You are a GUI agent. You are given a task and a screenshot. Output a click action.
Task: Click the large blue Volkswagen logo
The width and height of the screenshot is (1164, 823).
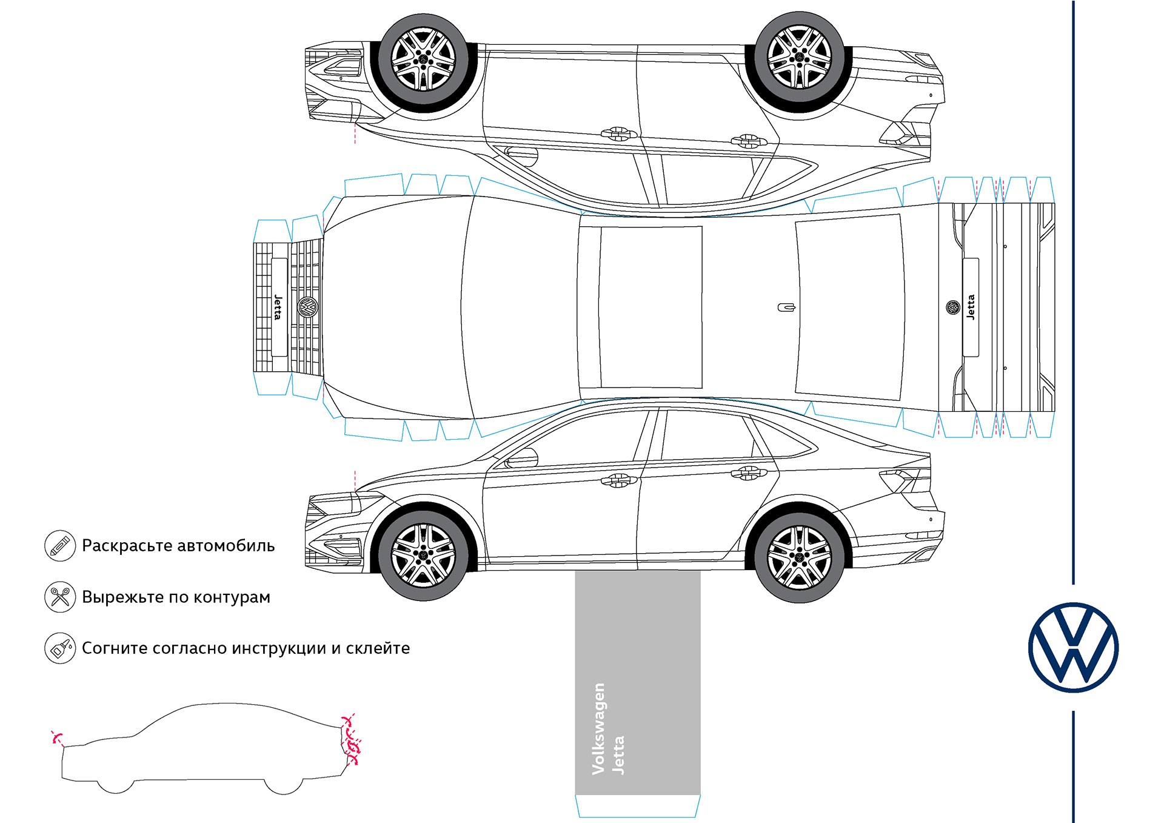click(1073, 647)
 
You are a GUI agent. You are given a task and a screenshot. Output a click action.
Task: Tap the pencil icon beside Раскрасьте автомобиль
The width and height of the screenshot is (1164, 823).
click(60, 545)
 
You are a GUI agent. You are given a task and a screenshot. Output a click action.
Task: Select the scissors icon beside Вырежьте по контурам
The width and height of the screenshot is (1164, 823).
click(60, 597)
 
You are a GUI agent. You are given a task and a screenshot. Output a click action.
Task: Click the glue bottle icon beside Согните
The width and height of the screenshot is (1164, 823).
click(60, 648)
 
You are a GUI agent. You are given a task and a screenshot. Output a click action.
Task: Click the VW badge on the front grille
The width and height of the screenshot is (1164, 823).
click(308, 307)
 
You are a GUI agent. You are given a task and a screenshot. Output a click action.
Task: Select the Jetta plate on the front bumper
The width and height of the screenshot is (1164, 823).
click(278, 307)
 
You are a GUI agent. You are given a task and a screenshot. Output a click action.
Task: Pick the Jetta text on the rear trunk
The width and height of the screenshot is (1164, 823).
click(971, 307)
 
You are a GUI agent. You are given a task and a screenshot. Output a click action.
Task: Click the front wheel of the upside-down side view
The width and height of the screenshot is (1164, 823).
click(423, 59)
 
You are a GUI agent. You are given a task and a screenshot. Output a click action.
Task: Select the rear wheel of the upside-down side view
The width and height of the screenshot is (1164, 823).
click(799, 58)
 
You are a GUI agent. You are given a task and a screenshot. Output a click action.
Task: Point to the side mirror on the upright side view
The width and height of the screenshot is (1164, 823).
click(523, 458)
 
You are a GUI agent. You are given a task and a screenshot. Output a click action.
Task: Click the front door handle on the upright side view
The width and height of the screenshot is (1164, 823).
click(617, 480)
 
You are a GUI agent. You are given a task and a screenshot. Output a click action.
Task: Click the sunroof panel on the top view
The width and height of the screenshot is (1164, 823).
click(651, 307)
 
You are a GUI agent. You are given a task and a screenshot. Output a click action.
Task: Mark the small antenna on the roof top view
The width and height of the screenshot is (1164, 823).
click(786, 307)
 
